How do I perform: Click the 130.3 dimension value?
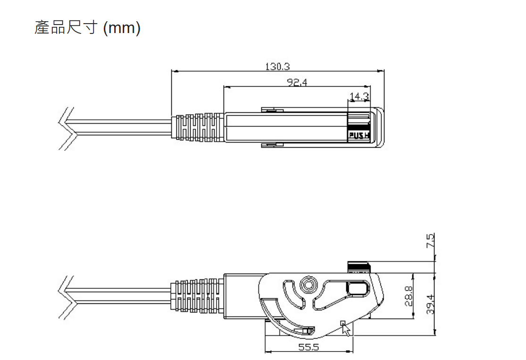click(277, 67)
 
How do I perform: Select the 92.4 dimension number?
click(297, 82)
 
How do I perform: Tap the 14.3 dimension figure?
click(359, 97)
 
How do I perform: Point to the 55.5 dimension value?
click(309, 347)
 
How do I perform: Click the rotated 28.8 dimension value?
click(409, 296)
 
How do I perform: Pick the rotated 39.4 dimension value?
click(430, 304)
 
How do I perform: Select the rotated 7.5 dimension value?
click(430, 241)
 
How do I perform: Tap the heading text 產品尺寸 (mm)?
click(88, 27)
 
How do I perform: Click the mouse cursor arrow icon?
click(345, 328)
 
